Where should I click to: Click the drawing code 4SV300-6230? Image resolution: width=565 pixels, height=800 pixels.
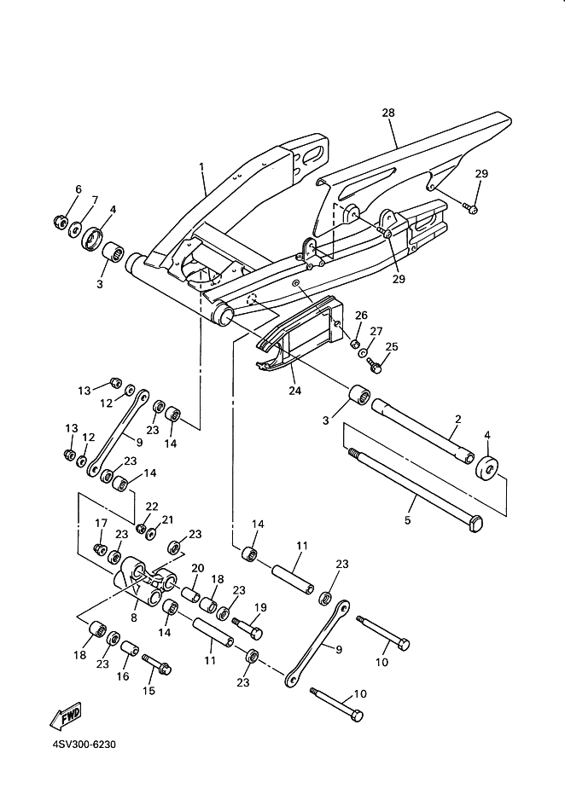click(84, 745)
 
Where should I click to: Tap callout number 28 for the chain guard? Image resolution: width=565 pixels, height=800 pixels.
click(388, 113)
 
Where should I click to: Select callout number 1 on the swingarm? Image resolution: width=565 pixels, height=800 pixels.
click(201, 167)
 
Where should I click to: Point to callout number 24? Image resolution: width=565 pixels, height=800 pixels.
click(295, 391)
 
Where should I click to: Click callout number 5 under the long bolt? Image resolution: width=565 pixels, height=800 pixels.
click(407, 520)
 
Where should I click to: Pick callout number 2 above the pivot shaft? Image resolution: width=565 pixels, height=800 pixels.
click(457, 420)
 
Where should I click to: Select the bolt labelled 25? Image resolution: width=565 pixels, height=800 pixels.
click(375, 365)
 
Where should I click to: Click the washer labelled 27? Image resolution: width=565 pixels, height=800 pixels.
click(364, 353)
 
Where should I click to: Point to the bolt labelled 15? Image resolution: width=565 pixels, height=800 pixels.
click(157, 664)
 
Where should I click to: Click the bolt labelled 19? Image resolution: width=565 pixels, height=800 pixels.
click(248, 628)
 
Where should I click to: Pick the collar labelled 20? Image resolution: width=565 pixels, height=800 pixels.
click(189, 594)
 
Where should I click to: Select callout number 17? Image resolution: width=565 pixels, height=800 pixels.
click(101, 523)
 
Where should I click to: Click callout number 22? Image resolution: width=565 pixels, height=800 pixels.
click(152, 507)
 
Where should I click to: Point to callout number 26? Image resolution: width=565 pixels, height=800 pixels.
click(361, 316)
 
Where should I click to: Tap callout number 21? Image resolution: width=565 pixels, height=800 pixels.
click(167, 519)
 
